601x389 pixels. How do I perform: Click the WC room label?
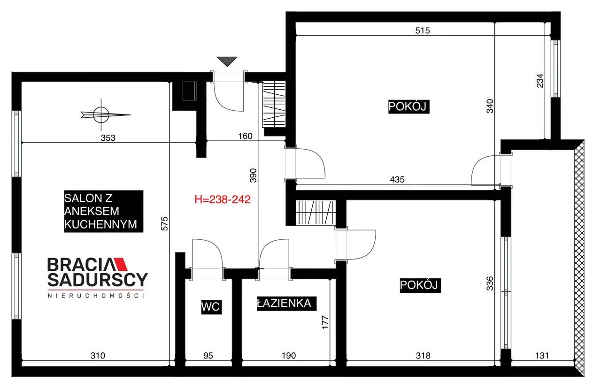click(x=211, y=307)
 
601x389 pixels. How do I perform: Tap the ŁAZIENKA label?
click(x=286, y=303)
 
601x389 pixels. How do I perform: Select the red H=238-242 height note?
click(x=223, y=199)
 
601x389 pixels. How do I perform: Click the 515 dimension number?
click(x=423, y=31)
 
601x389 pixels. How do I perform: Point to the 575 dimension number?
click(x=164, y=223)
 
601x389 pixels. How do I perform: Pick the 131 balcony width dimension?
click(x=542, y=356)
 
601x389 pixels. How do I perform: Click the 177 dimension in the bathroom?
click(x=325, y=322)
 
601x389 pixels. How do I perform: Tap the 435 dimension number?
click(x=397, y=179)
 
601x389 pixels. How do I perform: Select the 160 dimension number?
click(x=245, y=136)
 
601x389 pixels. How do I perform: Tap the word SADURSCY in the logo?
click(x=98, y=280)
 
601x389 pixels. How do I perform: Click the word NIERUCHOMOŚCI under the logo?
click(x=96, y=296)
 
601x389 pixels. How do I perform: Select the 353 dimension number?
click(x=108, y=138)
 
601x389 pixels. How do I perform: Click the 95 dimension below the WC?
click(x=208, y=356)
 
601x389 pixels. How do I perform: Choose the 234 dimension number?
click(x=540, y=81)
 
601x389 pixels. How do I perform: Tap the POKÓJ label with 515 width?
click(x=408, y=107)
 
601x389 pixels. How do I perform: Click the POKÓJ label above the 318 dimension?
click(x=420, y=285)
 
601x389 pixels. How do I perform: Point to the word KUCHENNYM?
click(x=100, y=225)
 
